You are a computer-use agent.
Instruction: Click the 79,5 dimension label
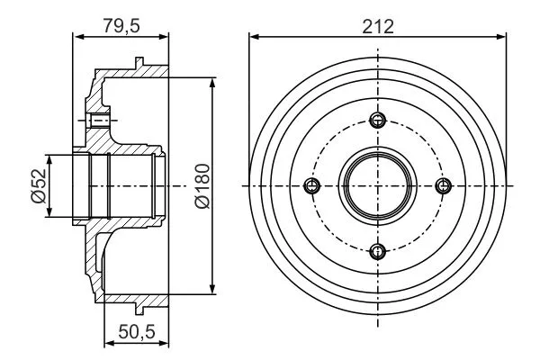(121, 26)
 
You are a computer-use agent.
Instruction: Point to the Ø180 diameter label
(202, 186)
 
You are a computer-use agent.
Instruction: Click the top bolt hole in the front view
(378, 120)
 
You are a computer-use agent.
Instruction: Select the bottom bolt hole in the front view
(378, 250)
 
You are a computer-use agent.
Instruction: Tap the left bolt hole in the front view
(312, 185)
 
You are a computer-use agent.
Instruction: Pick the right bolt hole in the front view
(443, 185)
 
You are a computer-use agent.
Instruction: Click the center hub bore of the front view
(378, 185)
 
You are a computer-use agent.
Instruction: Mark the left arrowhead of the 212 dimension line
(253, 37)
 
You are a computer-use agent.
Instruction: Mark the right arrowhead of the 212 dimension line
(502, 37)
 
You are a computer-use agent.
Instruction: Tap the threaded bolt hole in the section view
(100, 120)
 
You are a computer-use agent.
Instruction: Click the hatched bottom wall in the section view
(135, 298)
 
